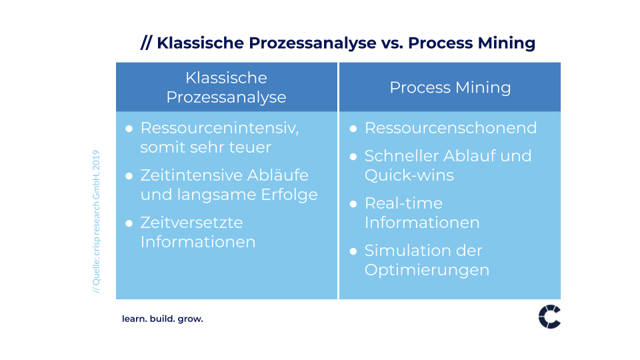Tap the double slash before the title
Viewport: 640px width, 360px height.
147,43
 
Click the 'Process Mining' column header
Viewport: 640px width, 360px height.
450,87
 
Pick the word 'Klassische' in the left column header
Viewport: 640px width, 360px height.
226,77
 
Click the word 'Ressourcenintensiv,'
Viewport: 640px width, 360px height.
219,128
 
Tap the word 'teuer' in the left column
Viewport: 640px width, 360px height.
250,147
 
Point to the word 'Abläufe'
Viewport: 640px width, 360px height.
277,175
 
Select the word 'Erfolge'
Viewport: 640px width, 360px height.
289,195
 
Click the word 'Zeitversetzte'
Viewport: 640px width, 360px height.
192,223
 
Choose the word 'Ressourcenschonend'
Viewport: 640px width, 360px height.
451,128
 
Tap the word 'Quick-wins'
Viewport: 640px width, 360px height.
409,175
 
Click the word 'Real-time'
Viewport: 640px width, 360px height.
404,203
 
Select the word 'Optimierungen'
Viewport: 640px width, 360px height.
427,270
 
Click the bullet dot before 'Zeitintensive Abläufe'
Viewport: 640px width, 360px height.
129,176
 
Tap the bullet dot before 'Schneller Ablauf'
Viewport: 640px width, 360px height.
353,157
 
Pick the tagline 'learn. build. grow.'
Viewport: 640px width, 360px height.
163,319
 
